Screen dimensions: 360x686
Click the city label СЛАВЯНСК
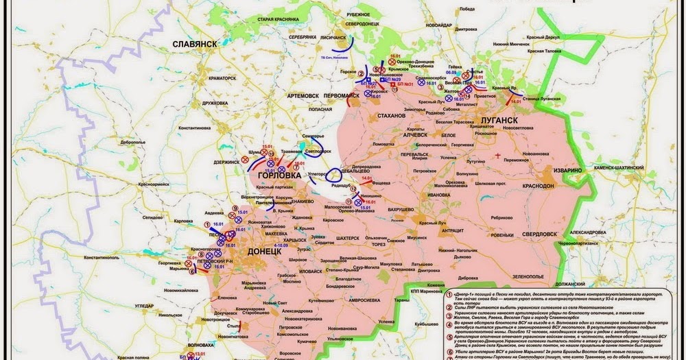[196, 44]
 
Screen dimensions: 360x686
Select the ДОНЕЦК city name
[262, 252]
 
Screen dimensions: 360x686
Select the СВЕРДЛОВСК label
[538, 234]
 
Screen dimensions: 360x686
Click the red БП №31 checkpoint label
[404, 84]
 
